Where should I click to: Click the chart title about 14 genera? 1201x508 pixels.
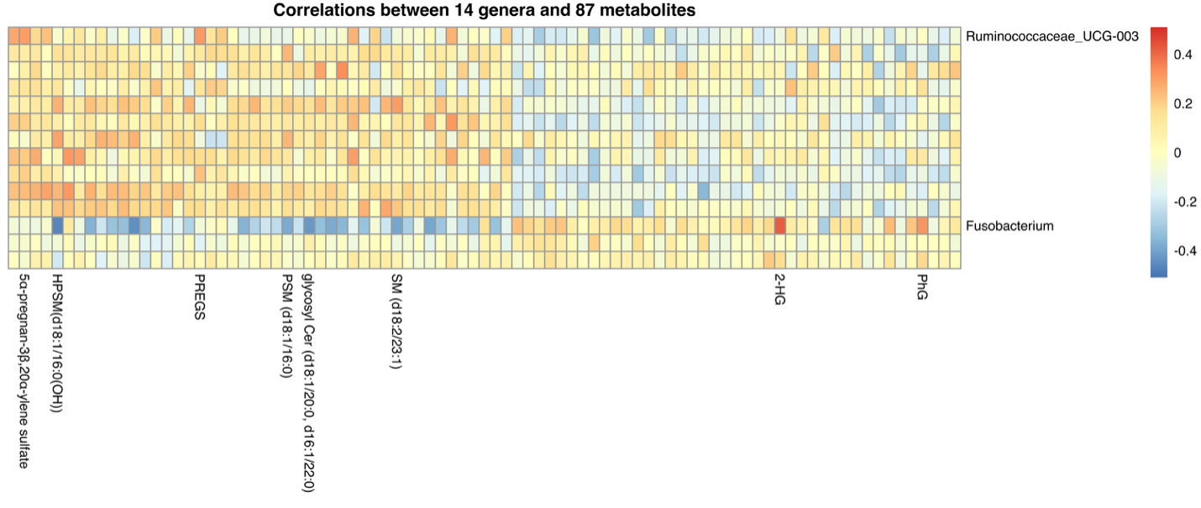pos(485,11)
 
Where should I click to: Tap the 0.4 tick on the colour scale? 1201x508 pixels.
pos(1183,55)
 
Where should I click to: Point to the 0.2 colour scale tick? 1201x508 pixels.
pos(1183,103)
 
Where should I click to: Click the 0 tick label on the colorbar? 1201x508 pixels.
pos(1177,153)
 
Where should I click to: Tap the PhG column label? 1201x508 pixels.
pos(922,288)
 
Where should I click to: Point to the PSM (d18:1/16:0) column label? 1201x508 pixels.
pos(287,327)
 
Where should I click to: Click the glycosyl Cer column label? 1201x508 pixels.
pos(308,382)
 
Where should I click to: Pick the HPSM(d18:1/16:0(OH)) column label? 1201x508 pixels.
pos(57,344)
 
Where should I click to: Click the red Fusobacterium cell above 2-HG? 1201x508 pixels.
pos(779,226)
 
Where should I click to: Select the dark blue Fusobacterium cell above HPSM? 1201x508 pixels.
pos(57,226)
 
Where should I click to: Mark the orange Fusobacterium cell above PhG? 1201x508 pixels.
pos(922,226)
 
